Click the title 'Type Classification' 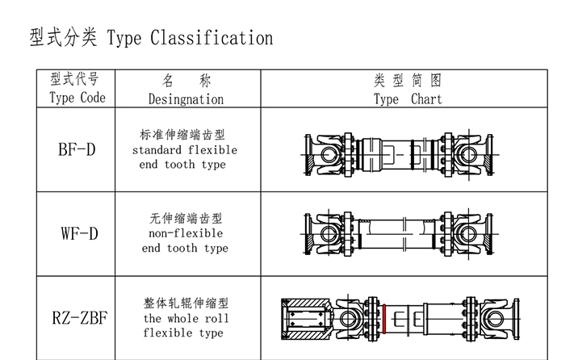pyautogui.click(x=191, y=38)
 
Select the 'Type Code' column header pyautogui.click(x=77, y=98)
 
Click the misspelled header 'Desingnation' pyautogui.click(x=186, y=98)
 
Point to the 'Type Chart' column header pyautogui.click(x=408, y=99)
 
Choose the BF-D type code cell pyautogui.click(x=77, y=150)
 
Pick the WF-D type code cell pyautogui.click(x=78, y=234)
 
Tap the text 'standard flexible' pyautogui.click(x=185, y=150)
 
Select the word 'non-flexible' pyautogui.click(x=186, y=233)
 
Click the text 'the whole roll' pyautogui.click(x=186, y=318)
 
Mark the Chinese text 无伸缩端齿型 pyautogui.click(x=186, y=219)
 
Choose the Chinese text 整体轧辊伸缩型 pyautogui.click(x=186, y=303)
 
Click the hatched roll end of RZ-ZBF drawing pyautogui.click(x=303, y=318)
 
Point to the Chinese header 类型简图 pyautogui.click(x=408, y=81)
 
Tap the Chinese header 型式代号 pyautogui.click(x=77, y=79)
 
